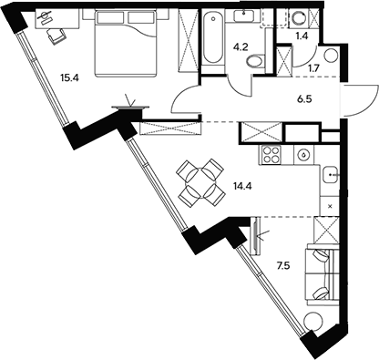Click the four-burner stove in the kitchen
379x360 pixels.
(271, 155)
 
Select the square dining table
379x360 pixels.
(200, 181)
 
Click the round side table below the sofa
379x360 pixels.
(314, 320)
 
